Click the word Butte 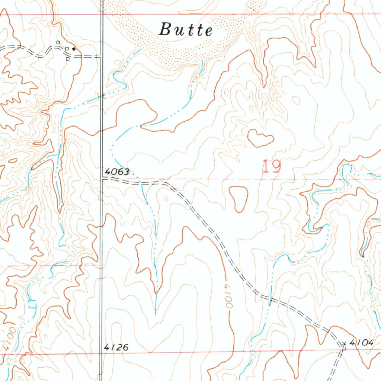(186, 30)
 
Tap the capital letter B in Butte (165, 29)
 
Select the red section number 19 (272, 166)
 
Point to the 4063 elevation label (117, 172)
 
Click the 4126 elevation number (116, 348)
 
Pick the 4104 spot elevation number (361, 343)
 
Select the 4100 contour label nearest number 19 (228, 296)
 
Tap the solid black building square (74, 48)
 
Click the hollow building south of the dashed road (68, 58)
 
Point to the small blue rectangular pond (32, 304)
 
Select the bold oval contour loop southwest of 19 (238, 198)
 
